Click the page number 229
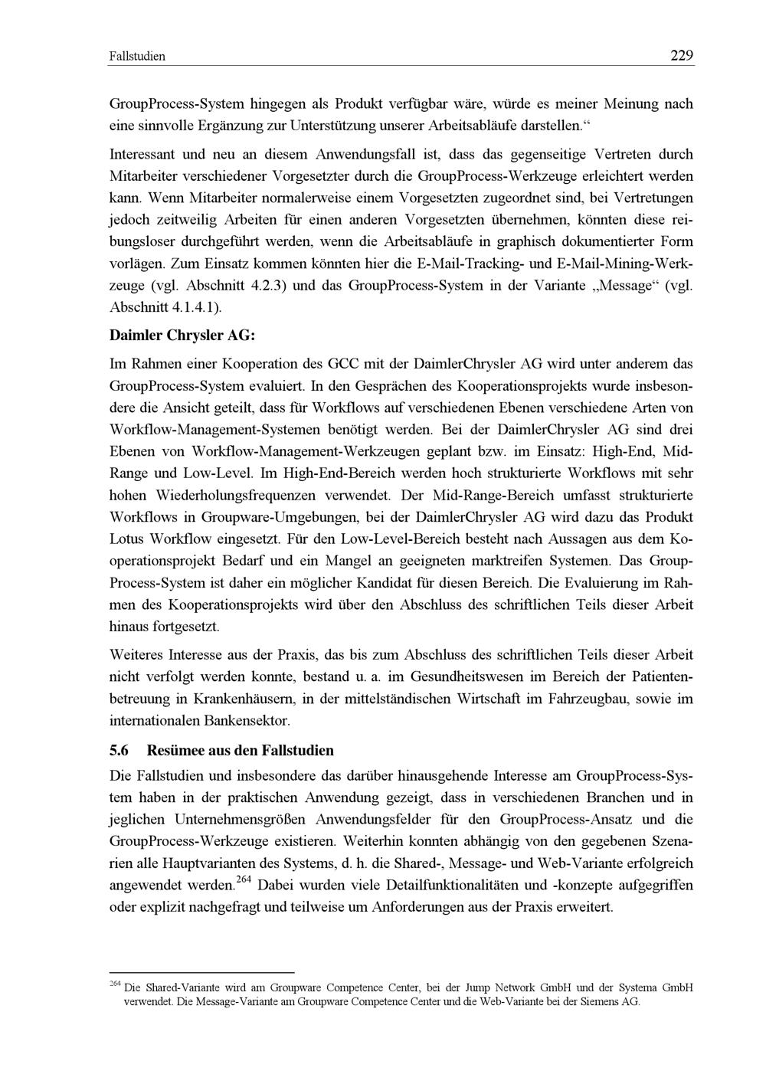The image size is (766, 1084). [x=681, y=55]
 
